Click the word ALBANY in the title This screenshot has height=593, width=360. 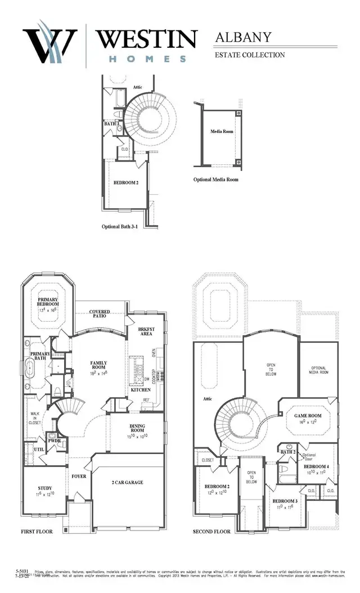coord(243,38)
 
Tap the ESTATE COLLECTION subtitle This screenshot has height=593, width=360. coord(249,55)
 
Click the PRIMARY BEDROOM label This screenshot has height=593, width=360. coord(48,302)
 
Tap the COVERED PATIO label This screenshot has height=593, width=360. coord(100,315)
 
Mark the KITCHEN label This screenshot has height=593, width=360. coord(141,389)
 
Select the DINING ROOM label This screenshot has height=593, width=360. coord(137,430)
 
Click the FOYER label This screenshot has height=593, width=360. coord(79,475)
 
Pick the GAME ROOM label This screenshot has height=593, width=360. coord(308,415)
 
